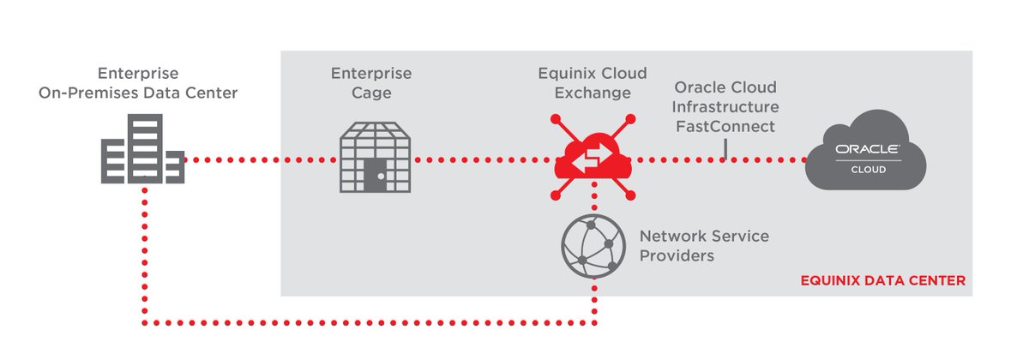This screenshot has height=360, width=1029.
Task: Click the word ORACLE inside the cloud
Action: point(868,149)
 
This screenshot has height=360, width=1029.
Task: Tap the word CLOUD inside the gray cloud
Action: point(868,169)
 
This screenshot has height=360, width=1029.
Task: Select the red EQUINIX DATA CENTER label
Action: point(882,280)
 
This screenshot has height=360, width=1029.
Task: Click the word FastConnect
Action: point(725,127)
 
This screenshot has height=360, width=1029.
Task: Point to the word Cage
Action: point(371,93)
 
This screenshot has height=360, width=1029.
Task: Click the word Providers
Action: point(677,255)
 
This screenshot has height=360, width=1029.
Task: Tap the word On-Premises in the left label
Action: point(81,93)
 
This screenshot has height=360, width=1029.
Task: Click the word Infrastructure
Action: point(725,107)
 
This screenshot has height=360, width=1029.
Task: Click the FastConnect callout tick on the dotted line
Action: point(725,150)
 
